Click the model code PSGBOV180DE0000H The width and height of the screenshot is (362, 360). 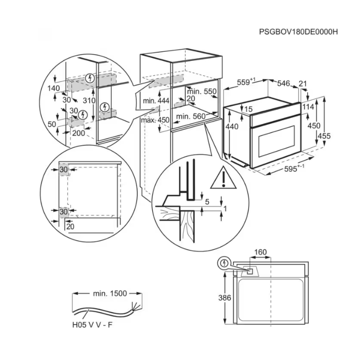pyautogui.click(x=299, y=31)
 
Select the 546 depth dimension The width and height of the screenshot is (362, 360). pyautogui.click(x=284, y=83)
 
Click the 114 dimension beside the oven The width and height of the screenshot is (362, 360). pyautogui.click(x=308, y=106)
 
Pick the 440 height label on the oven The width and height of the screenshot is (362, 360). pyautogui.click(x=232, y=127)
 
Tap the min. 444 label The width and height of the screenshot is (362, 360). pyautogui.click(x=156, y=101)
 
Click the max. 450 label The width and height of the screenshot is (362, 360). pyautogui.click(x=155, y=120)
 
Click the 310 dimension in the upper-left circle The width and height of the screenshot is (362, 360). pyautogui.click(x=89, y=100)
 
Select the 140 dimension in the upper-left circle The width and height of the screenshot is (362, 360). pyautogui.click(x=53, y=88)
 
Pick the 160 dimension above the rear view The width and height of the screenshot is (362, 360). pyautogui.click(x=261, y=252)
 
